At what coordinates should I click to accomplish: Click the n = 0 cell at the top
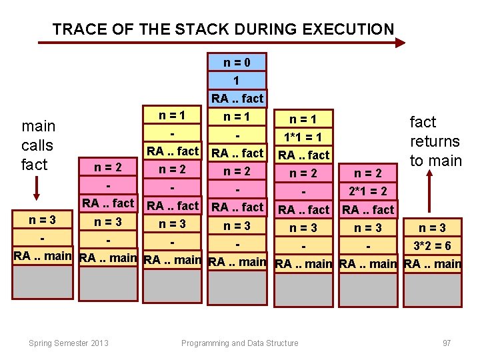[x=237, y=63]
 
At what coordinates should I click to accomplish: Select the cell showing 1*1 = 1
[x=303, y=138]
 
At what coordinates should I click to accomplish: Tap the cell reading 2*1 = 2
[x=368, y=192]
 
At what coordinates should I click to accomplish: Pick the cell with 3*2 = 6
[x=432, y=246]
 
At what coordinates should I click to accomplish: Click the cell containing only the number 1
[x=237, y=81]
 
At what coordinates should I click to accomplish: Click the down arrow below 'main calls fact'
[x=36, y=190]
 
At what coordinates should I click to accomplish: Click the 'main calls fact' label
[x=38, y=145]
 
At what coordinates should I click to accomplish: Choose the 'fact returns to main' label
[x=435, y=141]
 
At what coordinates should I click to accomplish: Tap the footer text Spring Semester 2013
[x=69, y=343]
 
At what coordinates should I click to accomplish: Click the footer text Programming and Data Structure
[x=240, y=343]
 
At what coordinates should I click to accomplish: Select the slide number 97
[x=447, y=343]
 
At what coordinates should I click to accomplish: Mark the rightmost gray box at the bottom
[x=432, y=289]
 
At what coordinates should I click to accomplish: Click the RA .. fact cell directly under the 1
[x=237, y=99]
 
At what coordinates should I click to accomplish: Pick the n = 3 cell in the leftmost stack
[x=42, y=219]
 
